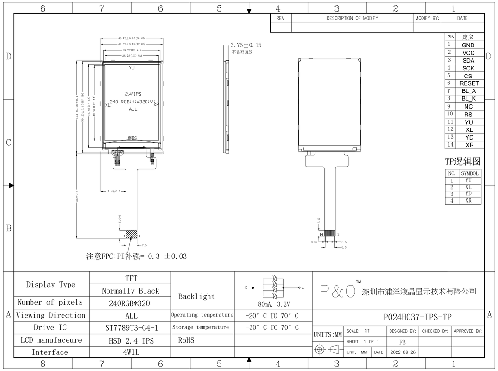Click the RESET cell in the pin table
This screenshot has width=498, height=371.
[x=469, y=83]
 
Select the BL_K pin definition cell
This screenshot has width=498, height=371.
[x=468, y=99]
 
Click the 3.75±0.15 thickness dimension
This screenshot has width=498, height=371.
[x=246, y=45]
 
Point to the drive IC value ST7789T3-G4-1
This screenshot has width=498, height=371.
[x=131, y=328]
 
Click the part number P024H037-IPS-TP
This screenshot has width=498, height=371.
[x=417, y=317]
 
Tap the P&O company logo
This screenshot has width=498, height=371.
[x=338, y=291]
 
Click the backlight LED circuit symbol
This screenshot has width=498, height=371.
[x=274, y=288]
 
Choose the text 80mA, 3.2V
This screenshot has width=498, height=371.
[x=273, y=305]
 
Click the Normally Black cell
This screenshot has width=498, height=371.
[x=131, y=291]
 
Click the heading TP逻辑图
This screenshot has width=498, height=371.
[x=463, y=161]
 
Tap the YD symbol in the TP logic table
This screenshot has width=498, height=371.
[x=468, y=194]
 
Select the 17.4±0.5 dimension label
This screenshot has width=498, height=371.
[x=113, y=191]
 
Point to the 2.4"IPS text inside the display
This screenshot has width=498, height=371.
[x=133, y=94]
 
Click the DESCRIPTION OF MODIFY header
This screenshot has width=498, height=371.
[x=352, y=19]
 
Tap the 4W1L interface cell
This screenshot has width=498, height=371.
[x=131, y=352]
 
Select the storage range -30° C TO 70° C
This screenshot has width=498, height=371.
[x=272, y=327]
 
